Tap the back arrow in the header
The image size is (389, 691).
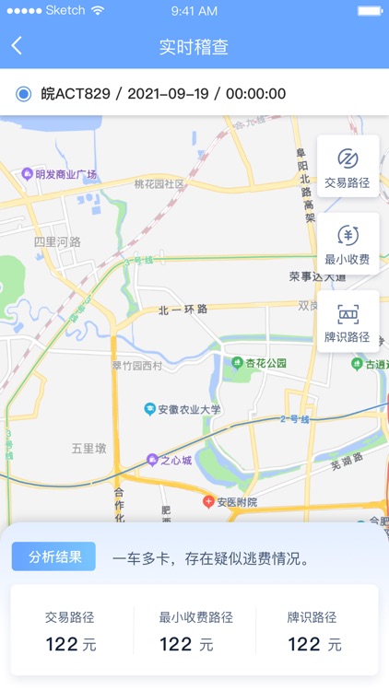click(x=17, y=46)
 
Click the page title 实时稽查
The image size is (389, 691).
click(x=194, y=47)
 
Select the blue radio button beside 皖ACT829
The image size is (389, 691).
click(x=24, y=94)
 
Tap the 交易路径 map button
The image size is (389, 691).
click(x=348, y=166)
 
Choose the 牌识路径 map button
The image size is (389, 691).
click(x=348, y=322)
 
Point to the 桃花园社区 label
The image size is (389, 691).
click(x=159, y=183)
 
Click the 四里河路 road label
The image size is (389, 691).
click(x=57, y=241)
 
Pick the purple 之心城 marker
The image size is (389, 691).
click(x=153, y=460)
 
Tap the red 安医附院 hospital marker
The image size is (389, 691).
click(x=209, y=502)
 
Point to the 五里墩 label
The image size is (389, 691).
click(x=89, y=448)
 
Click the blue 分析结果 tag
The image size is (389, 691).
click(x=53, y=556)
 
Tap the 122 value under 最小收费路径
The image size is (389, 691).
click(x=175, y=644)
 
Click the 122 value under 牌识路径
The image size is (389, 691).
click(x=303, y=644)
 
